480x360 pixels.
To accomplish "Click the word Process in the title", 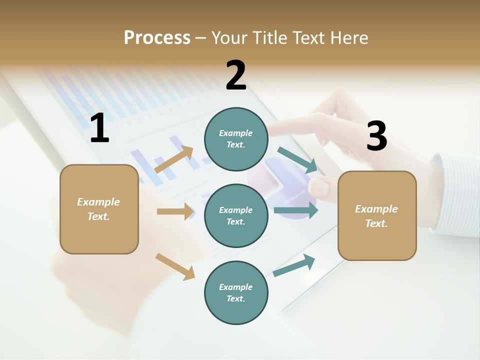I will pyautogui.click(x=157, y=38).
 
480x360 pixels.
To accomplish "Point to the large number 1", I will pyautogui.click(x=99, y=128).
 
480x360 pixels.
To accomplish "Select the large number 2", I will pyautogui.click(x=236, y=75).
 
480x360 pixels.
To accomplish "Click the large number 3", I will pyautogui.click(x=376, y=136).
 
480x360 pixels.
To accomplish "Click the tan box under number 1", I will pyautogui.click(x=99, y=209).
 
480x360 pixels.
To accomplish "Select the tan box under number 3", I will pyautogui.click(x=377, y=215).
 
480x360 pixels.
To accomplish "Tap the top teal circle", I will pyautogui.click(x=236, y=139).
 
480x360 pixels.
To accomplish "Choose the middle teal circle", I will pyautogui.click(x=236, y=215).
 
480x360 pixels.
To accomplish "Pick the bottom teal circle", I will pyautogui.click(x=236, y=292).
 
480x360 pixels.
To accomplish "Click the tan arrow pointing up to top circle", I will pyautogui.click(x=174, y=160).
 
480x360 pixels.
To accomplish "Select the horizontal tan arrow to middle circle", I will pyautogui.click(x=175, y=211).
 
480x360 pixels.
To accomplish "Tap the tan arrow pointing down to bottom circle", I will pyautogui.click(x=175, y=266).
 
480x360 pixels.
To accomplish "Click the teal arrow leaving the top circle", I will pyautogui.click(x=297, y=160).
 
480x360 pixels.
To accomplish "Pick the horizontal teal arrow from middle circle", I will pyautogui.click(x=296, y=210).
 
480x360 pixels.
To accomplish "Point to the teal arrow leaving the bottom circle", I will pyautogui.click(x=294, y=265).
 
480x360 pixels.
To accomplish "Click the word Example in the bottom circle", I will pyautogui.click(x=235, y=287).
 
